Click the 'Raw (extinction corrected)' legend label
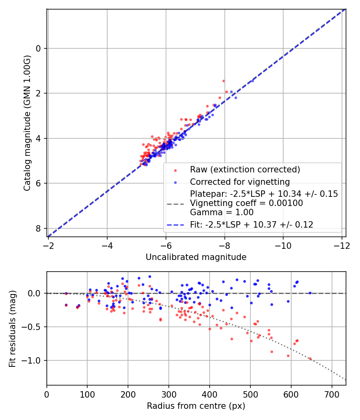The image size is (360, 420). tap(245, 170)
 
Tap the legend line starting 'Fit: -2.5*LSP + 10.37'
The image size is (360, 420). tap(251, 225)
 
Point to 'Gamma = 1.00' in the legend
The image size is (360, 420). tap(222, 212)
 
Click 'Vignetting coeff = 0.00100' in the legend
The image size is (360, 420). tap(246, 203)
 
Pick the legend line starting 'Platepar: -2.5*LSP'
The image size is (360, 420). tap(264, 194)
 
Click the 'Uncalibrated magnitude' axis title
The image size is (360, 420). tap(196, 257)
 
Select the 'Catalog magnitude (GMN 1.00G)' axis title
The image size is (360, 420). tap(27, 123)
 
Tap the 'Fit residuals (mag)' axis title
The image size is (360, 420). tap(12, 328)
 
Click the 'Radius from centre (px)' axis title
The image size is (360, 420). tap(196, 406)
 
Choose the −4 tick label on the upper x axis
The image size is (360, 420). tap(107, 244)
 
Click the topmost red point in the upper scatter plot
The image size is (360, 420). tap(224, 81)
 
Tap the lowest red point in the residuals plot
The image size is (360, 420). tap(310, 359)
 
